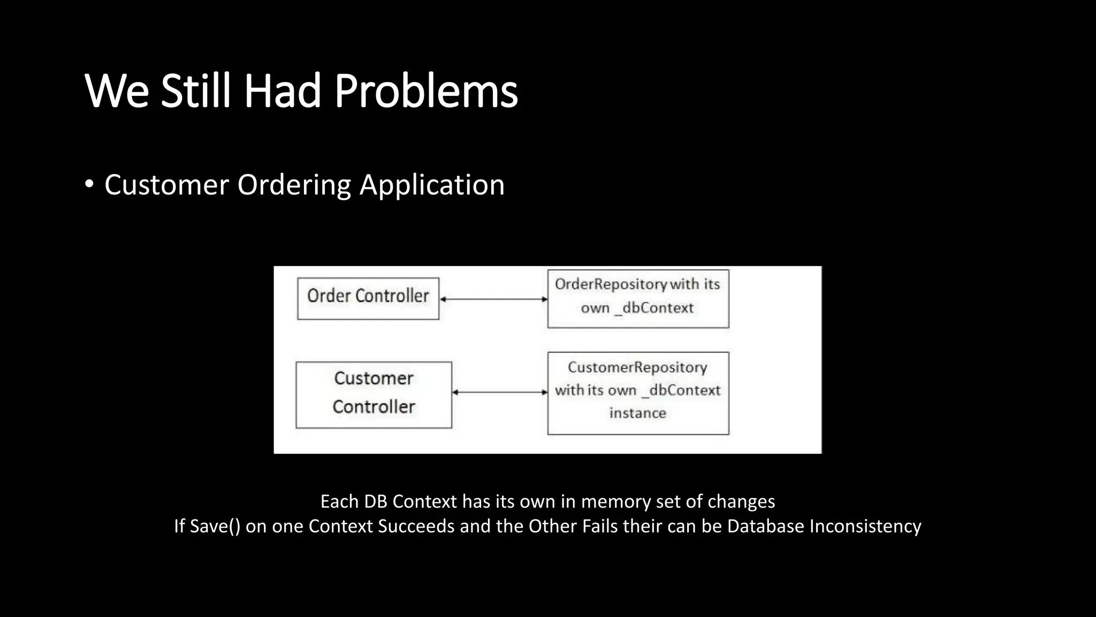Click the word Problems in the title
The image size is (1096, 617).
426,91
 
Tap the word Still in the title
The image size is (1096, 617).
196,91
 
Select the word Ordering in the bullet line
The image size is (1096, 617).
294,185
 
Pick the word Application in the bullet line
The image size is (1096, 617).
432,185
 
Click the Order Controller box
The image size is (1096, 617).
368,298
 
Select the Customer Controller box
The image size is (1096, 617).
374,395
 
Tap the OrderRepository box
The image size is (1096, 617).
638,298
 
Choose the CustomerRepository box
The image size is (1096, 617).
638,393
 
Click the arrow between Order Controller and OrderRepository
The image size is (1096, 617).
493,299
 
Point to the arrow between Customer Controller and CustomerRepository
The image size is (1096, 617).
500,392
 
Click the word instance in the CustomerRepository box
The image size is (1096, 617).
637,413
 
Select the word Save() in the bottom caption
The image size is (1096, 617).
215,526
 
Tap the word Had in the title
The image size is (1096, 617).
283,91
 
